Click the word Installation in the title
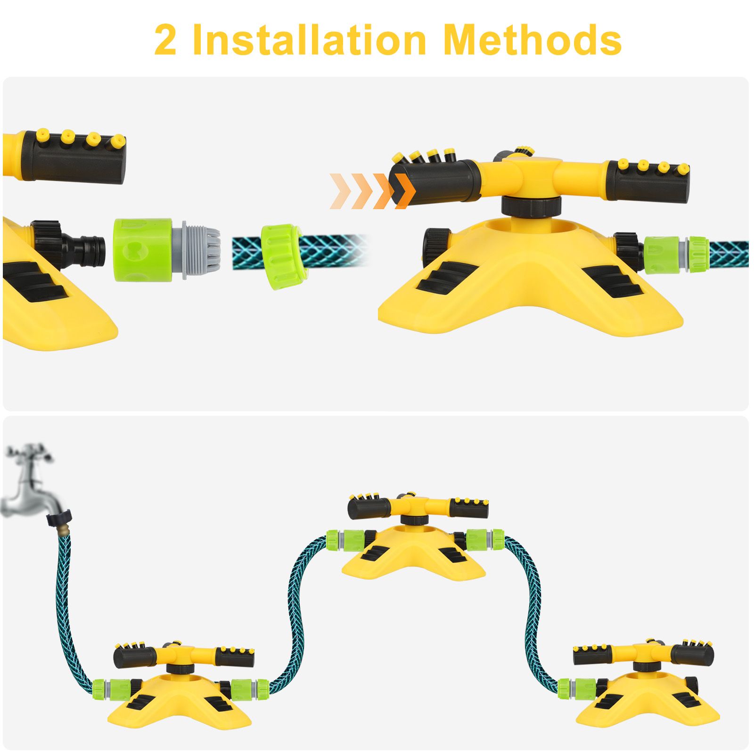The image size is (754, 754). point(309,40)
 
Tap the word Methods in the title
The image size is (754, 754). point(532,40)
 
